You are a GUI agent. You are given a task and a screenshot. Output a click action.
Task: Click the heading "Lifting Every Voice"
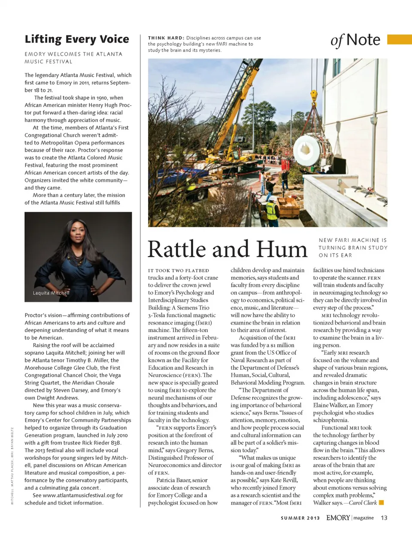(77, 39)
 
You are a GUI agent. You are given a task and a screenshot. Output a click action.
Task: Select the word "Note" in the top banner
(363, 40)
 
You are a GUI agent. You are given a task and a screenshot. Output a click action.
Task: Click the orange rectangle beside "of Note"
(399, 39)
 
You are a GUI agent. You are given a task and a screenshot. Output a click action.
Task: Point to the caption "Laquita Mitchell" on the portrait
(51, 293)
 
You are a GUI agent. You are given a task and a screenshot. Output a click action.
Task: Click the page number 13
(384, 518)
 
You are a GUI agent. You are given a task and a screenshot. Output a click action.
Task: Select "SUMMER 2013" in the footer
(300, 518)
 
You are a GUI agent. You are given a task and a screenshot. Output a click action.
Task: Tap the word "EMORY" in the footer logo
(338, 518)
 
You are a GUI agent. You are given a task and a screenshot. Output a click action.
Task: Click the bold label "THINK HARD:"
(166, 38)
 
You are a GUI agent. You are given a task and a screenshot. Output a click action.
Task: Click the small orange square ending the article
(382, 502)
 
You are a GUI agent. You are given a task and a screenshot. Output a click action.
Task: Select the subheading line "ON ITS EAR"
(335, 255)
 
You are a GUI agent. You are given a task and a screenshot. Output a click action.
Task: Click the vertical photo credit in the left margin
(12, 465)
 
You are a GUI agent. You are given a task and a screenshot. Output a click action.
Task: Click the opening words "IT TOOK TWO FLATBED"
(179, 271)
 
